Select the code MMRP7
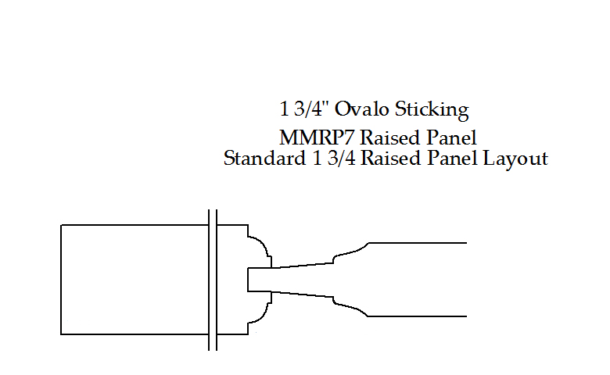[x=315, y=138]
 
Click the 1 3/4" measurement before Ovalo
[x=306, y=109]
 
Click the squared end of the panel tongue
[x=248, y=280]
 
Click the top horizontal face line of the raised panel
[x=418, y=243]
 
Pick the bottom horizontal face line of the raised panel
[x=418, y=316]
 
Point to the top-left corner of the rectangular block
[x=62, y=225]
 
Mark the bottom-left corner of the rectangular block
[x=62, y=334]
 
